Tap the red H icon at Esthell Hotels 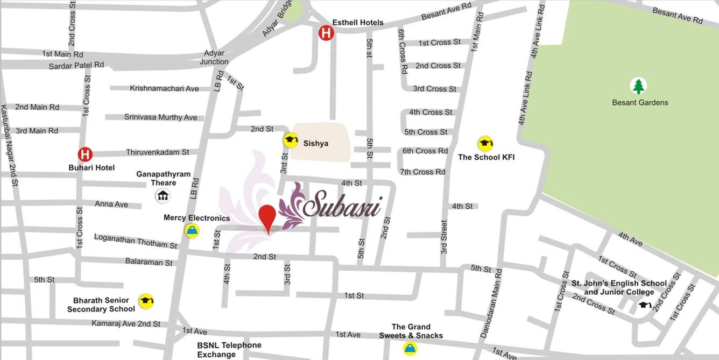point(326,33)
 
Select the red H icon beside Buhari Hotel point(85,154)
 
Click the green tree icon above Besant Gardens point(638,86)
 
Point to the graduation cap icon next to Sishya point(291,140)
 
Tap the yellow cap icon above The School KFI point(485,144)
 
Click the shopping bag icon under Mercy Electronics point(192,231)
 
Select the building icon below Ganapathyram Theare point(163,196)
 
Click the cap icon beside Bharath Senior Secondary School point(146,301)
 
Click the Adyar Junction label point(214,58)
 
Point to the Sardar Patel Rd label point(76,65)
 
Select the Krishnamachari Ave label point(164,88)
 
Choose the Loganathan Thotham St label point(135,241)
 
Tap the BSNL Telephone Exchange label point(229,350)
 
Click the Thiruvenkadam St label point(157,152)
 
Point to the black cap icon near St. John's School point(645,305)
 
